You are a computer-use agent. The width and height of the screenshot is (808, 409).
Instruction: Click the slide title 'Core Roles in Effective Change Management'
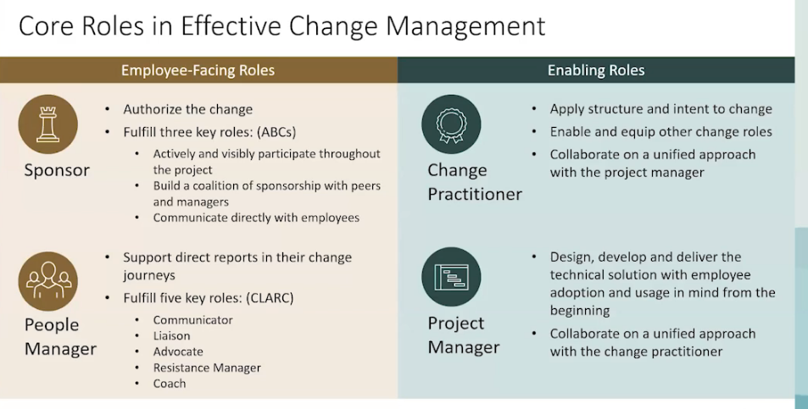(281, 25)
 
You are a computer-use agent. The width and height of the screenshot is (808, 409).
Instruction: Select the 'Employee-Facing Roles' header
(198, 70)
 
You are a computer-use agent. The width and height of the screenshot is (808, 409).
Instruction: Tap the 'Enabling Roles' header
(596, 70)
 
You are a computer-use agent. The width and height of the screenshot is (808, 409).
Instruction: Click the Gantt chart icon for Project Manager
(450, 277)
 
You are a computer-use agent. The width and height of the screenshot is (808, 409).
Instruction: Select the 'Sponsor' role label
(57, 170)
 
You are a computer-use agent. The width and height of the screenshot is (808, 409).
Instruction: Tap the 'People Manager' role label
(60, 336)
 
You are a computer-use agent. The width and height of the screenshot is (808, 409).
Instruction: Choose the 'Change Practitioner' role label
(474, 182)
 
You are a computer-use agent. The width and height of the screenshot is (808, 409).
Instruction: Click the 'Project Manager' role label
(463, 334)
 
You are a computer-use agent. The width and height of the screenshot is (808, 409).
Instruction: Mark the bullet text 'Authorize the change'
(187, 109)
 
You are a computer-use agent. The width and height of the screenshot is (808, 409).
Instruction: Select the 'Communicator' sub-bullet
(192, 320)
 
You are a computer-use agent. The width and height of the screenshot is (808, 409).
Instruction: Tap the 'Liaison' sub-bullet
(171, 336)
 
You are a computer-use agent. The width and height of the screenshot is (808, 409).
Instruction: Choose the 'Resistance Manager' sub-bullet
(207, 368)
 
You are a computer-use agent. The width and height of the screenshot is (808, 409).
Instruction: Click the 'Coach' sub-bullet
(169, 384)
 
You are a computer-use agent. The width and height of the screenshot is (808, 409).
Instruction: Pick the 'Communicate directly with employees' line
(256, 218)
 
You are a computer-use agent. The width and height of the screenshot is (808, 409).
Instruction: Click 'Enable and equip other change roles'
(660, 132)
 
